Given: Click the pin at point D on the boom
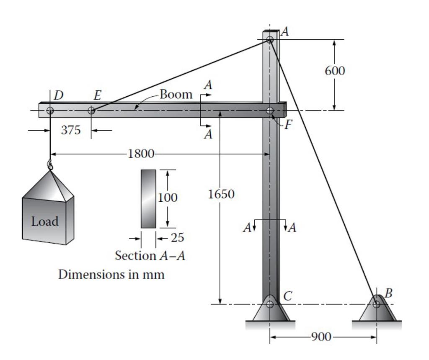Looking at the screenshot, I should click(x=50, y=111).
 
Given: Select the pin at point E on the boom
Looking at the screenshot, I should click(x=91, y=111).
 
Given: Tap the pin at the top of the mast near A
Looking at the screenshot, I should click(x=270, y=40).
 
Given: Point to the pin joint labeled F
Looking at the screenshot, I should click(x=270, y=111).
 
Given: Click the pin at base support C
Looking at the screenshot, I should click(x=270, y=304).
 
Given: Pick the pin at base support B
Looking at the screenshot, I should click(x=377, y=304).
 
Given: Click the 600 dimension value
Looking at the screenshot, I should click(x=335, y=71).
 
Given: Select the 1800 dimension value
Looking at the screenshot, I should click(x=141, y=154).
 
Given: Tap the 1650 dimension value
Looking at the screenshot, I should click(x=221, y=194).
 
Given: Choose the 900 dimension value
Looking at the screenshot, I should click(x=321, y=337).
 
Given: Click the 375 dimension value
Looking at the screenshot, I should click(x=71, y=130).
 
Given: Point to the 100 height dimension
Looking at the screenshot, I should click(x=168, y=198).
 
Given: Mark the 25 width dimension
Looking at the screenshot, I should click(x=177, y=238).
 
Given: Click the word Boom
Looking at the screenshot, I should click(x=176, y=95).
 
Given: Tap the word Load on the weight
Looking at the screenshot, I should click(x=45, y=221).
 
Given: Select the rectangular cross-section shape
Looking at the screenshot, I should click(x=148, y=199).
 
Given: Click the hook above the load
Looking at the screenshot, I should click(x=50, y=165).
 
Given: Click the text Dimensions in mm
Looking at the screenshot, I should click(x=111, y=275).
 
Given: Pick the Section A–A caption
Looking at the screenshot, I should click(x=150, y=255).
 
